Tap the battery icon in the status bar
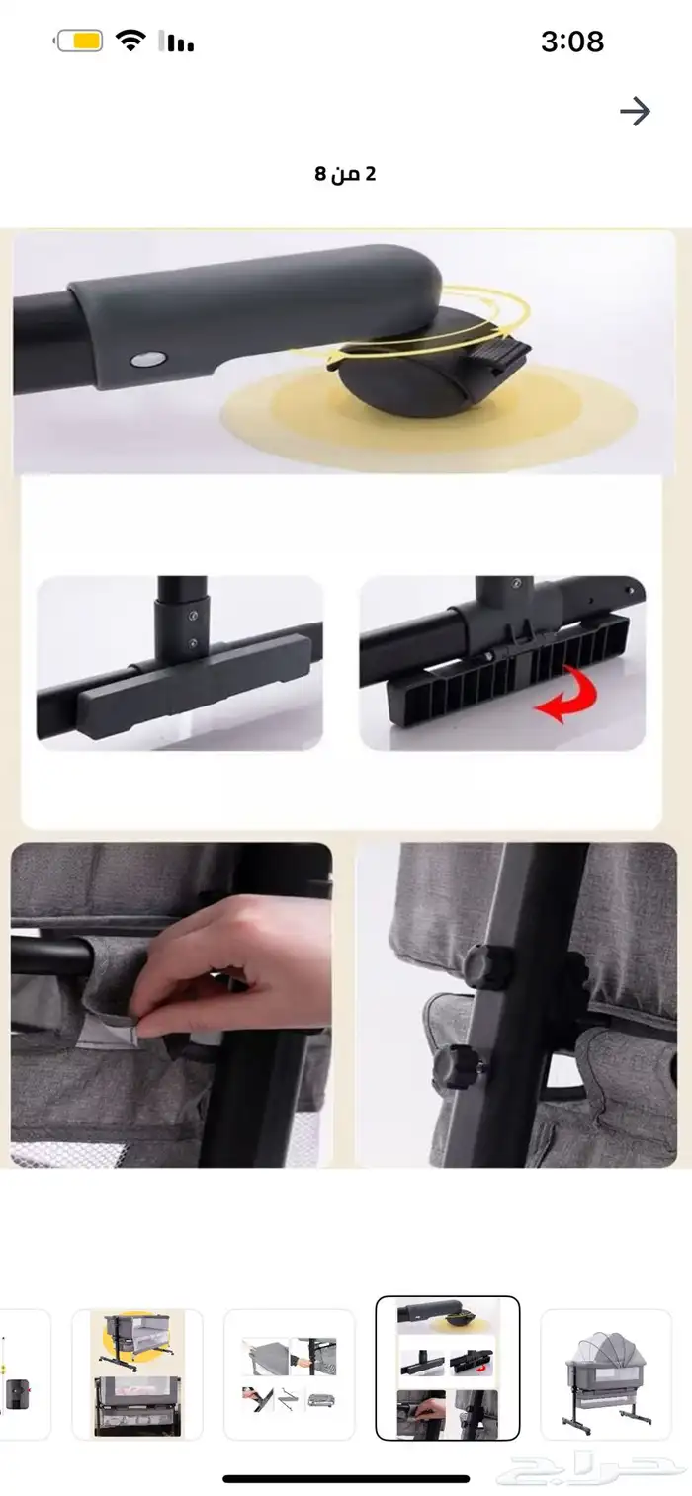[78, 42]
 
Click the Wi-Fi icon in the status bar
[130, 41]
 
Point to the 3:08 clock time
[571, 42]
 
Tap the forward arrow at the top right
[635, 112]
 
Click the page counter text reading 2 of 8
[345, 174]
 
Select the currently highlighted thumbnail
[447, 1368]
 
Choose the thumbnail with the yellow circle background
[136, 1373]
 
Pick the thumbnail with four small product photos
[289, 1373]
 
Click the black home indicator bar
[346, 1478]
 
